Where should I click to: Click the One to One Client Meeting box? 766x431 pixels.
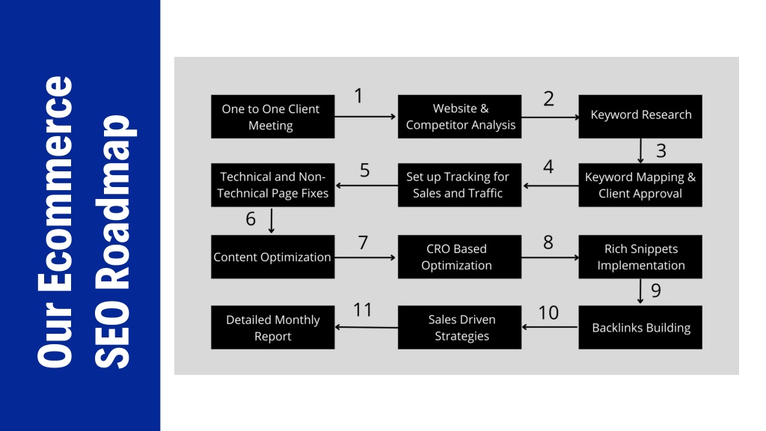[272, 116]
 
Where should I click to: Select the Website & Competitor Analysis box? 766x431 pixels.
[459, 116]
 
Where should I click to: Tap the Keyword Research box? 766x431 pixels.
[640, 116]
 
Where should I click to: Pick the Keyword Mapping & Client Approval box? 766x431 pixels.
[640, 185]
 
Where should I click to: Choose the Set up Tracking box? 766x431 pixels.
[459, 185]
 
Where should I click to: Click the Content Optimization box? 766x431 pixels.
[272, 257]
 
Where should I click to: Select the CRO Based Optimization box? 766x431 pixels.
[459, 257]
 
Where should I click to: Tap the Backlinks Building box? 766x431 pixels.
[640, 327]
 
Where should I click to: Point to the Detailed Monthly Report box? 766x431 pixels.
[272, 327]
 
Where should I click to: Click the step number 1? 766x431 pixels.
[358, 96]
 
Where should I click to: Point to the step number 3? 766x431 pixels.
[661, 150]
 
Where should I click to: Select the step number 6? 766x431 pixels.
[251, 219]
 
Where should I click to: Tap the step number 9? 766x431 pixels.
[656, 290]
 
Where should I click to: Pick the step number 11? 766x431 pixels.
[363, 309]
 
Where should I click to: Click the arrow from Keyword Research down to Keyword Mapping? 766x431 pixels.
[640, 151]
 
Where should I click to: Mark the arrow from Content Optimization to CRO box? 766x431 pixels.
[365, 257]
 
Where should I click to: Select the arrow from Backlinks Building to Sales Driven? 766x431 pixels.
[550, 327]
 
